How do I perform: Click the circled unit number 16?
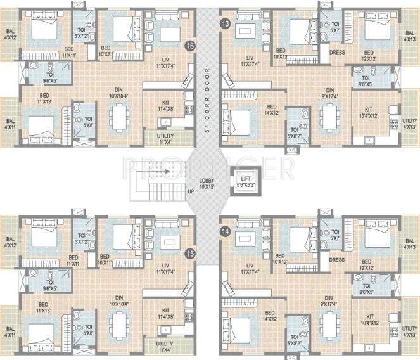[x=189, y=46]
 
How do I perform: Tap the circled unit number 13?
[x=224, y=24]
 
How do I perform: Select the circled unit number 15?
[x=189, y=253]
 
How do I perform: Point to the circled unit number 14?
[x=224, y=233]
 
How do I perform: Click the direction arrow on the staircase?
[x=166, y=171]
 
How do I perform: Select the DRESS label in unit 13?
[x=337, y=53]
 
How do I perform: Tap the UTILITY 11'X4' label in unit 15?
[x=165, y=347]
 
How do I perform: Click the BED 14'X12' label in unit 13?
[x=271, y=110]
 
